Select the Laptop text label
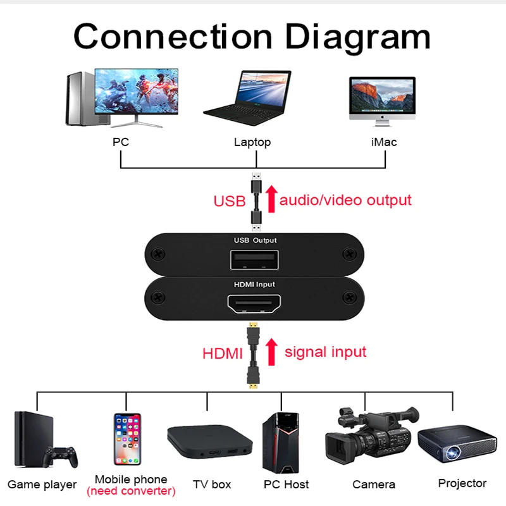coord(252,142)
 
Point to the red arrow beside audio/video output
coord(271,198)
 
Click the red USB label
coord(229,202)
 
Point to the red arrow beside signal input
coord(271,352)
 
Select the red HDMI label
coord(223,354)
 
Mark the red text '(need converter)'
coord(131,491)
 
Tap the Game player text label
coord(42,485)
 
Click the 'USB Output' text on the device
coord(255,241)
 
